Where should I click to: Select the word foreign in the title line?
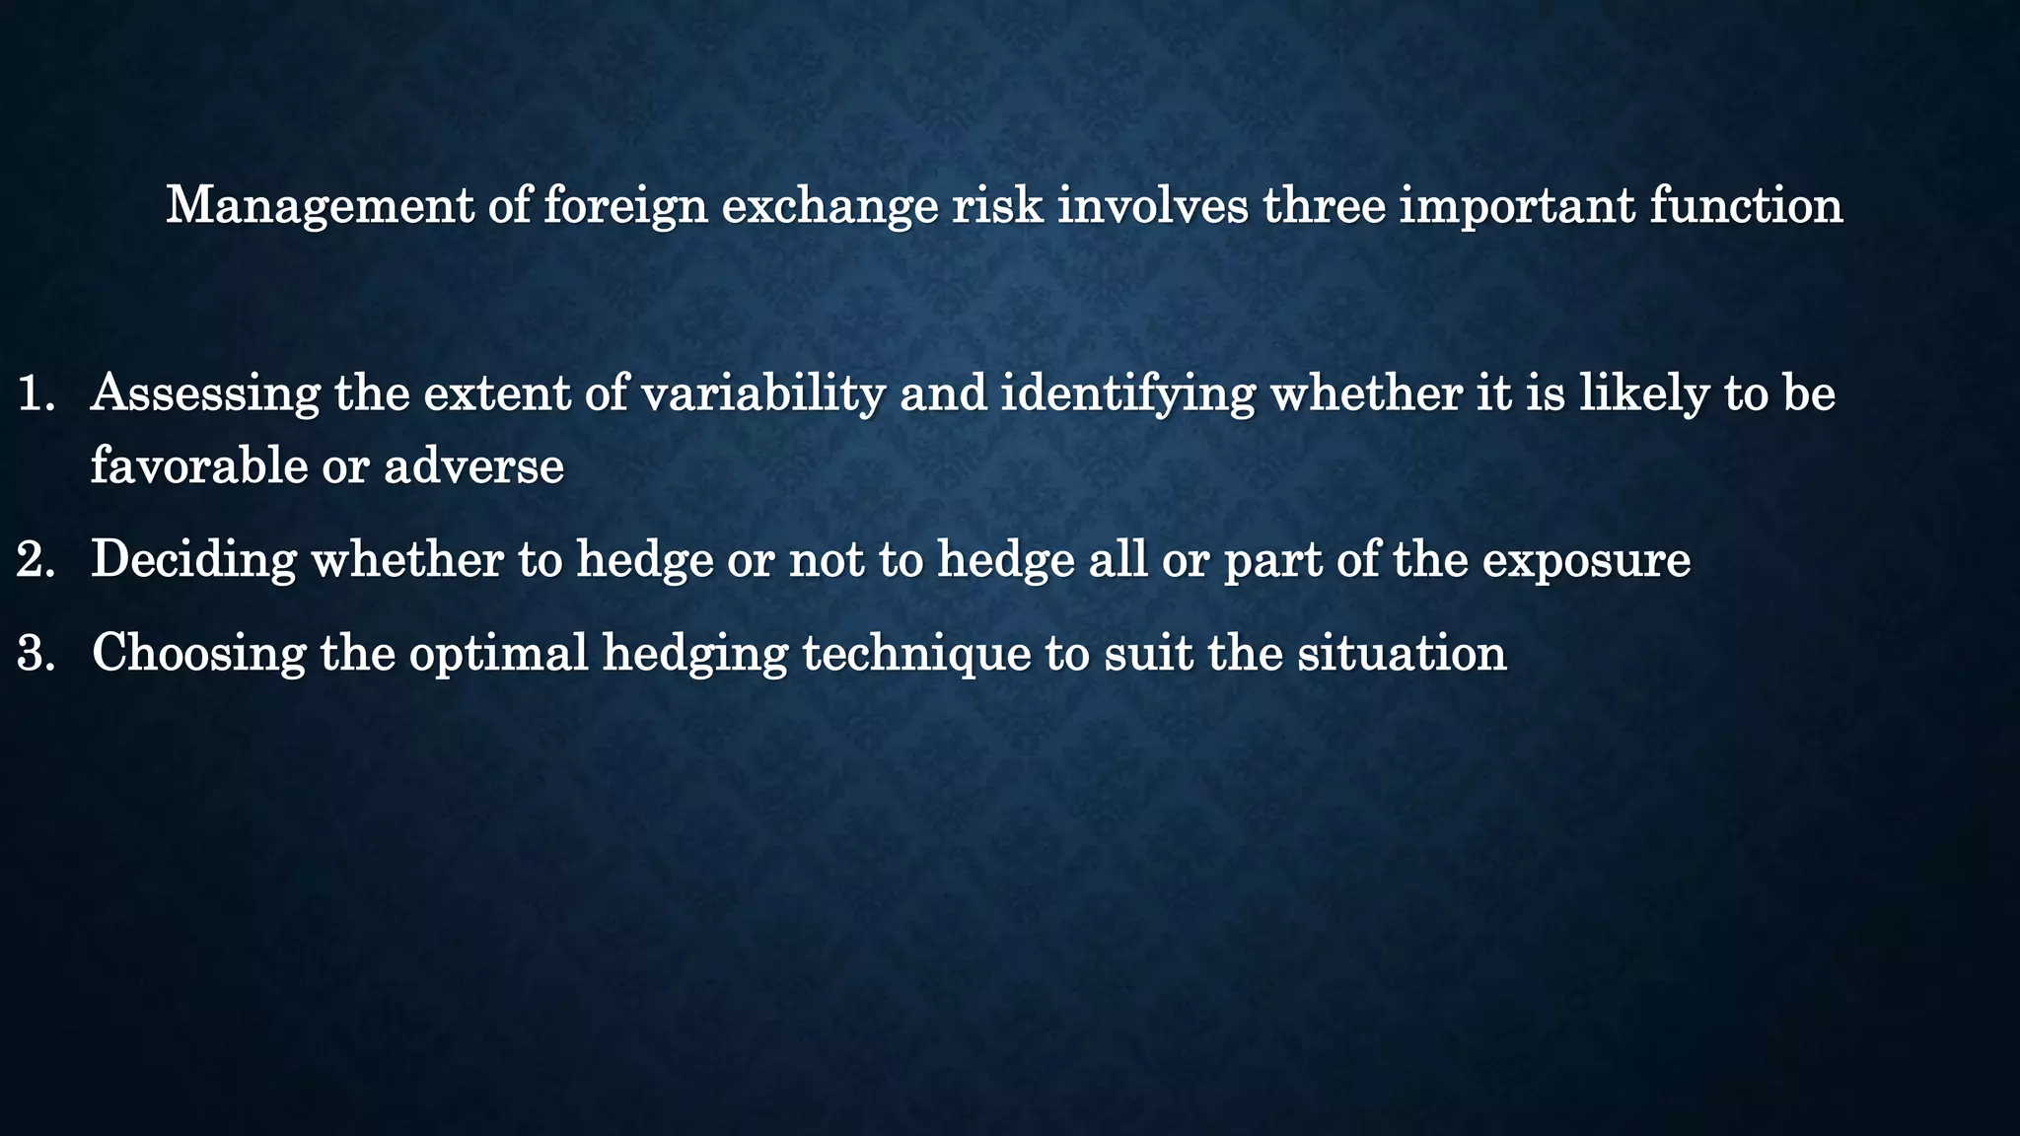point(625,207)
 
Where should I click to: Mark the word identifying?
point(1127,393)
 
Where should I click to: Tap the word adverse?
point(473,464)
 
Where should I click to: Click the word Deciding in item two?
point(193,559)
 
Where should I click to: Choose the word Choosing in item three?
point(199,652)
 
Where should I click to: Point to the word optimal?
point(498,652)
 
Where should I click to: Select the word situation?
point(1402,652)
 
